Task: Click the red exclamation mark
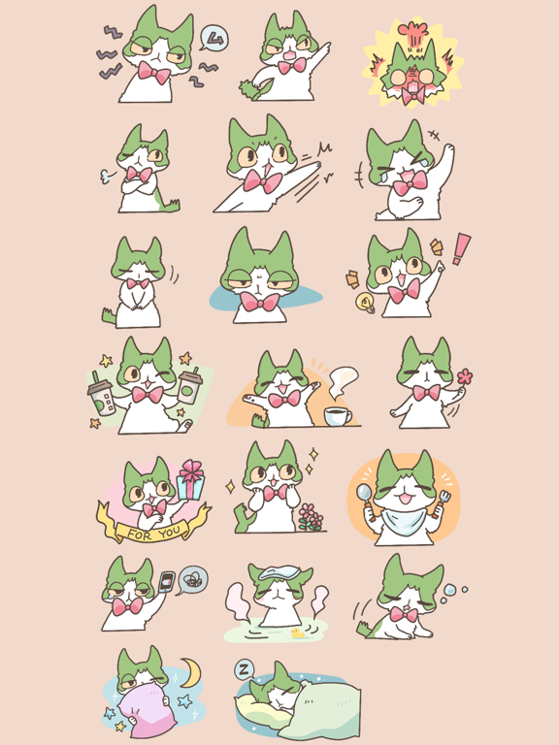461,247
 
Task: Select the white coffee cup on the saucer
338,415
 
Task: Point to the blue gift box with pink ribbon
190,482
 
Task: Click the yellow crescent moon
191,671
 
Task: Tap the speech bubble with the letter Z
246,669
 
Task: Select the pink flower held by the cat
464,376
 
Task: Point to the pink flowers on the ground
311,515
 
